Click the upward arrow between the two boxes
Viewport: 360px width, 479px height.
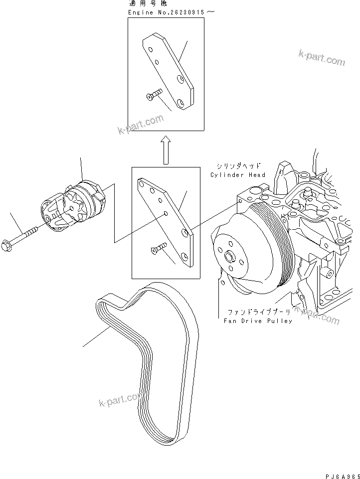pyautogui.click(x=166, y=151)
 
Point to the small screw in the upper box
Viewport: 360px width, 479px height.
pyautogui.click(x=154, y=95)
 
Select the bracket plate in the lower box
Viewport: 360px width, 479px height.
pyautogui.click(x=168, y=219)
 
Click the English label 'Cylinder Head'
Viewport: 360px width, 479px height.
pyautogui.click(x=238, y=175)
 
